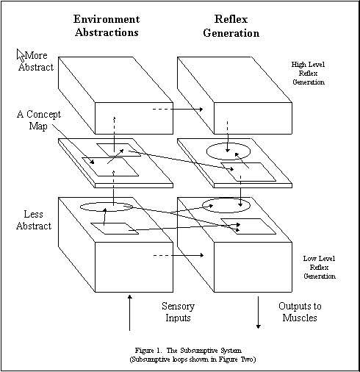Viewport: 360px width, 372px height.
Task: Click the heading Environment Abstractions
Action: click(x=107, y=26)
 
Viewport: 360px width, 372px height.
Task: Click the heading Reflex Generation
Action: click(x=231, y=26)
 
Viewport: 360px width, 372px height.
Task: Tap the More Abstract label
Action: click(x=36, y=61)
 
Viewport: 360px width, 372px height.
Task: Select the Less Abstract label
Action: click(x=34, y=220)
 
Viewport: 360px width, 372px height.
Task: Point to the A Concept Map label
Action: click(x=39, y=120)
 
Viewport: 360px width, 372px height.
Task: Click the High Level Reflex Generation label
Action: click(x=309, y=74)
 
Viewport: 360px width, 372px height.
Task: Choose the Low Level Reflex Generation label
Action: click(x=320, y=268)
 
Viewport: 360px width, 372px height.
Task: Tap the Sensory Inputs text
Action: click(x=178, y=312)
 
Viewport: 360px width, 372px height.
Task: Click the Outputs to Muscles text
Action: click(x=300, y=312)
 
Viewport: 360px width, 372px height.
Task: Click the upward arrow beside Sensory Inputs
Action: click(x=130, y=312)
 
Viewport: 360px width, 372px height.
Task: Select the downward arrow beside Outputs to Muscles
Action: click(x=258, y=312)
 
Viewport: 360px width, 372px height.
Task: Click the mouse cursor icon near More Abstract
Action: click(x=21, y=55)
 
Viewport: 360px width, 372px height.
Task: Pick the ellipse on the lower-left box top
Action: click(x=107, y=207)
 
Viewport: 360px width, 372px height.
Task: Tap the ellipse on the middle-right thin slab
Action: click(x=228, y=151)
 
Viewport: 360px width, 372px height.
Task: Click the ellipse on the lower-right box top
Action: click(x=226, y=205)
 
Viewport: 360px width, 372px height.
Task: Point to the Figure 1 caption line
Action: click(x=188, y=351)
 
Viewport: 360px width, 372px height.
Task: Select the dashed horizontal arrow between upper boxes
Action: click(x=178, y=109)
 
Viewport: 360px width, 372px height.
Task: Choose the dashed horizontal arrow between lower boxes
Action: click(x=179, y=255)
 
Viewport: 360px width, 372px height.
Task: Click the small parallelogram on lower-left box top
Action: click(x=115, y=229)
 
